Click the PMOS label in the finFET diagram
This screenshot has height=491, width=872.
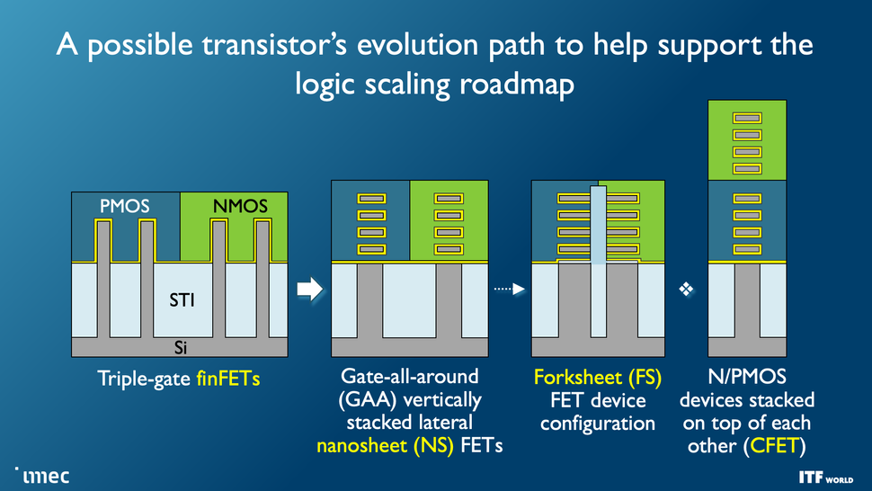[124, 207]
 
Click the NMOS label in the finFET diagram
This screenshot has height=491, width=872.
[240, 207]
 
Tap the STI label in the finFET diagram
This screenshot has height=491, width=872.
[182, 300]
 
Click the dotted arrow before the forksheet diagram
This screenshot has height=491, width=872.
[509, 289]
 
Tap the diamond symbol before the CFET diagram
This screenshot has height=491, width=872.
[686, 289]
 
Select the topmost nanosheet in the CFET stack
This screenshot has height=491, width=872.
[747, 117]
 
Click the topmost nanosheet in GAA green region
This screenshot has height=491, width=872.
[449, 200]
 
